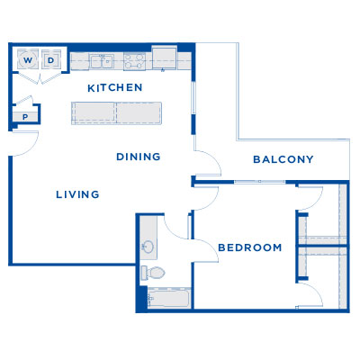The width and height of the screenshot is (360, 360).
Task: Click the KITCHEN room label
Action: pyautogui.click(x=114, y=87)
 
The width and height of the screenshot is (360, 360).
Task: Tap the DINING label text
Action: pyautogui.click(x=139, y=157)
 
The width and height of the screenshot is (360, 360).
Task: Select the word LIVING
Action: pyautogui.click(x=76, y=194)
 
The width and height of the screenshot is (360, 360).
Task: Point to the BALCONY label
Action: pyautogui.click(x=283, y=159)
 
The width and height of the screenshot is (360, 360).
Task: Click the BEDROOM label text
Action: pyautogui.click(x=249, y=247)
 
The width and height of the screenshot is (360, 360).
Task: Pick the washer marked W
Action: pyautogui.click(x=28, y=60)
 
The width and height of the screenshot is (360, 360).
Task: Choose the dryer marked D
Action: pyautogui.click(x=51, y=60)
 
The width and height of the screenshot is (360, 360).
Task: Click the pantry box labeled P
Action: pyautogui.click(x=24, y=116)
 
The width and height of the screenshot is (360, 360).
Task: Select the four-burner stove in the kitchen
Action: pyautogui.click(x=135, y=62)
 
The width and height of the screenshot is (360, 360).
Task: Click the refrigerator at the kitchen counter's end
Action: pyautogui.click(x=165, y=57)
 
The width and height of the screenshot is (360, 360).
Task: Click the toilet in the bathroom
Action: pyautogui.click(x=154, y=273)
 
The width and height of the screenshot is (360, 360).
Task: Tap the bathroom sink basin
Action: pyautogui.click(x=148, y=247)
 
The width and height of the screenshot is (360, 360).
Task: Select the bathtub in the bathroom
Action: pyautogui.click(x=166, y=298)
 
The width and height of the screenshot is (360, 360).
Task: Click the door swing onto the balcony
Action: pyautogui.click(x=207, y=162)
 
